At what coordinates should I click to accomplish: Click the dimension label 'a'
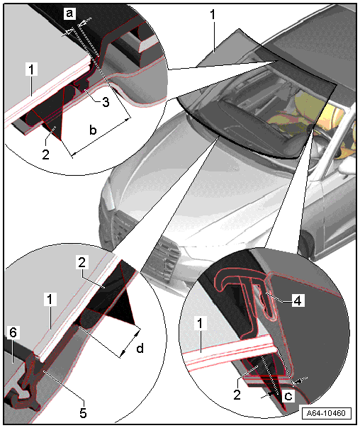(x=69, y=13)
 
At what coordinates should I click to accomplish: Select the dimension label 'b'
(x=93, y=130)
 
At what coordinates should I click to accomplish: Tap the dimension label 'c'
(x=288, y=395)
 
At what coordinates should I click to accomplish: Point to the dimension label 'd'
(x=140, y=349)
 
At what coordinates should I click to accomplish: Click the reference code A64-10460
(x=326, y=412)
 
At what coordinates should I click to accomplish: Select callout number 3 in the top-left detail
(x=106, y=102)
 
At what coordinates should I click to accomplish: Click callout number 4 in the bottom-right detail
(x=298, y=300)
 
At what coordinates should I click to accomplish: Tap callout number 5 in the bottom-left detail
(x=83, y=412)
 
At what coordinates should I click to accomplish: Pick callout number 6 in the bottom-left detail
(x=13, y=333)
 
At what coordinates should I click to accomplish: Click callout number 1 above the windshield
(x=213, y=15)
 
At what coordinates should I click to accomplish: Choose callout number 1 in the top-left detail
(x=32, y=69)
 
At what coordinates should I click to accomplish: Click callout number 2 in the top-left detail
(x=45, y=154)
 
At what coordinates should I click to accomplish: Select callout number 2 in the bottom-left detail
(x=82, y=263)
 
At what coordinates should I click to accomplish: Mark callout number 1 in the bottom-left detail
(x=50, y=300)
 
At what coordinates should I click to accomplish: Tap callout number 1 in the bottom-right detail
(x=200, y=324)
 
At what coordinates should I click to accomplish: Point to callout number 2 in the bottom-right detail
(x=237, y=395)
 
